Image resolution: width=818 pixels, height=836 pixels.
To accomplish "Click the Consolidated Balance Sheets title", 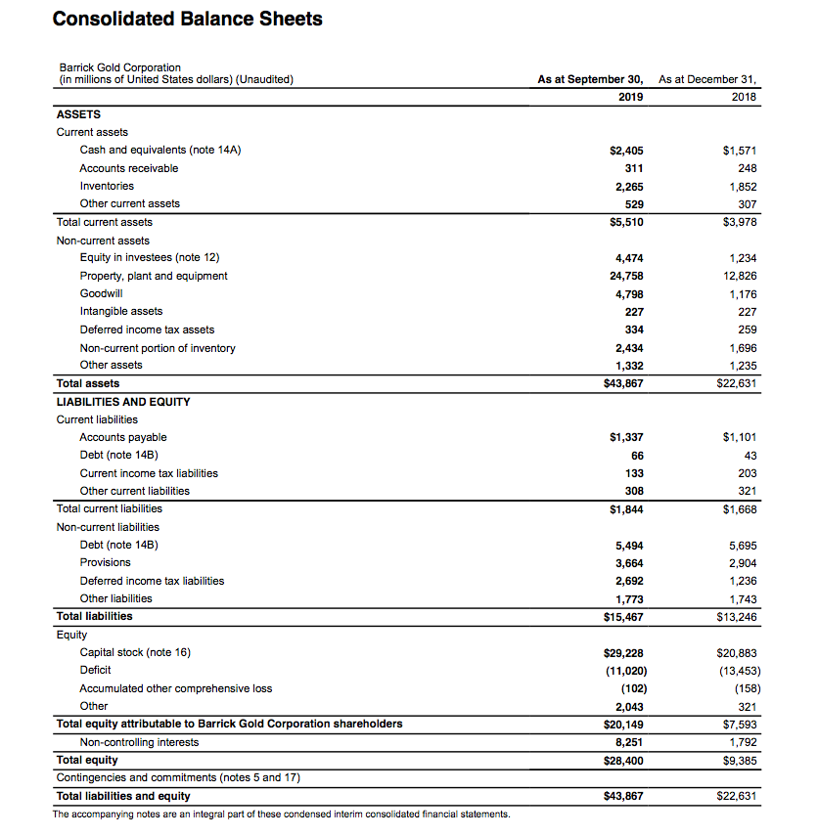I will click(187, 19).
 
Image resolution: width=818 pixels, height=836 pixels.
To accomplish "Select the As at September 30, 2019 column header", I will click(590, 87).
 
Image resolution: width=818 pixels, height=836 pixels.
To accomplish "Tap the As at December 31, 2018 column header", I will click(709, 87).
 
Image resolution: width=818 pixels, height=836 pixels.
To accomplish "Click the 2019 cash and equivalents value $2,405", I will click(626, 151).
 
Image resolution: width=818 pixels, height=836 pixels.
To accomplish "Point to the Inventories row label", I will click(107, 186).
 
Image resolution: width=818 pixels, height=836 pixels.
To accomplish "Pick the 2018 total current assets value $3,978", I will click(740, 222).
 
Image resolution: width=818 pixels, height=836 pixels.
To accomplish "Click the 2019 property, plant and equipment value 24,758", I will click(626, 276).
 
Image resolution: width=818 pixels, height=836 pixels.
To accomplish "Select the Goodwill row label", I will click(101, 293).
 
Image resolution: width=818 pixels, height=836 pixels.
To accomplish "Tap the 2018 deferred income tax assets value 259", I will click(747, 330).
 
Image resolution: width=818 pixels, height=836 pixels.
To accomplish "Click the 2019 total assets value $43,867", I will click(623, 383).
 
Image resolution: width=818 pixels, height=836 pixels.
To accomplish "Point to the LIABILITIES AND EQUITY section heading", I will click(123, 401).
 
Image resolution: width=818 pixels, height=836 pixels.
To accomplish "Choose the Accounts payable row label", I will click(123, 437).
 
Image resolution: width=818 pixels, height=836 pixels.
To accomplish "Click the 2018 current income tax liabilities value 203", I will click(747, 473).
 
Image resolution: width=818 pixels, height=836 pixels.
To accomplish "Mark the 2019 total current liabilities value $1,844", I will click(626, 509).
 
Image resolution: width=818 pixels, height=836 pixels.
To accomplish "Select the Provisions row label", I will click(105, 562).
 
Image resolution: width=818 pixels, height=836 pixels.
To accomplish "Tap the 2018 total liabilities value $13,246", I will click(737, 617).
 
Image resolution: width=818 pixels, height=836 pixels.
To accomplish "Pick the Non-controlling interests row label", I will click(139, 742).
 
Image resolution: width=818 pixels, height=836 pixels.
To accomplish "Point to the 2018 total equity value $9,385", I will click(740, 760).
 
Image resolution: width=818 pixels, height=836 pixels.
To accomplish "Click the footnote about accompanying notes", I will click(282, 814).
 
